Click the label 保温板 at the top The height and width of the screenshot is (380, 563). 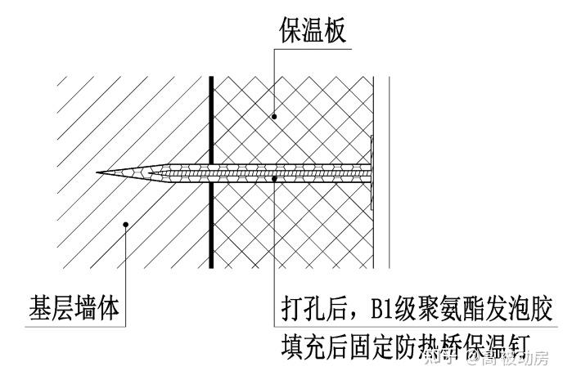point(313,31)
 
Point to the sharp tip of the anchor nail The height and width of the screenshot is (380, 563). point(98,172)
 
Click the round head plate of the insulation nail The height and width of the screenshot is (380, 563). point(371,172)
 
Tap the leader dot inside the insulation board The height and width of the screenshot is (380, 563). point(275,117)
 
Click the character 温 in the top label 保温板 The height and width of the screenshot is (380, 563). point(313,31)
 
